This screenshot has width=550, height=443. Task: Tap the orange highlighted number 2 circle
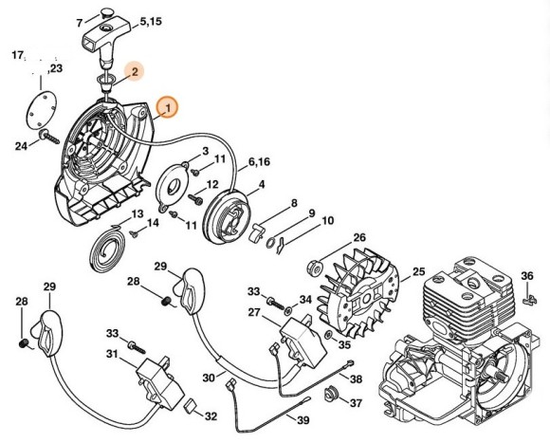135,70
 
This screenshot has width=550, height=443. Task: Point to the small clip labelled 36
529,300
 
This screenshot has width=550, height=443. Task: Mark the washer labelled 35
327,336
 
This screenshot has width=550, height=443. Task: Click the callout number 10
328,221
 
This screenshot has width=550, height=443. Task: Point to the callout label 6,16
259,163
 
